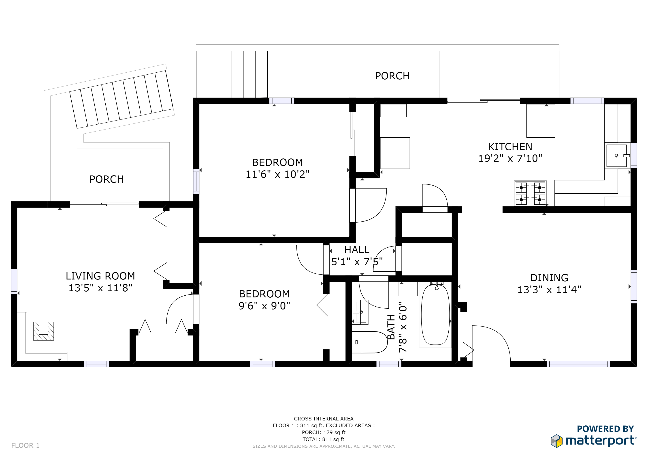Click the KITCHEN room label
coord(510,147)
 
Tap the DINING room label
coord(549,278)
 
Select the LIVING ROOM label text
coord(100,276)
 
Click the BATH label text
coord(391,327)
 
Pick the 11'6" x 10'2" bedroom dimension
coord(277,174)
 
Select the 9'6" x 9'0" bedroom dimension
coord(264,305)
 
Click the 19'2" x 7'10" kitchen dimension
coord(510,158)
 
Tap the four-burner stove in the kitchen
coord(530,193)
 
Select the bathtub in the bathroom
coord(435,315)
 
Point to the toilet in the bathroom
coord(369,342)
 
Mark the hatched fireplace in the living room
coord(43,331)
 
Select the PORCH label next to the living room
coord(107,179)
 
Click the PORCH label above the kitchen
coord(392,76)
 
